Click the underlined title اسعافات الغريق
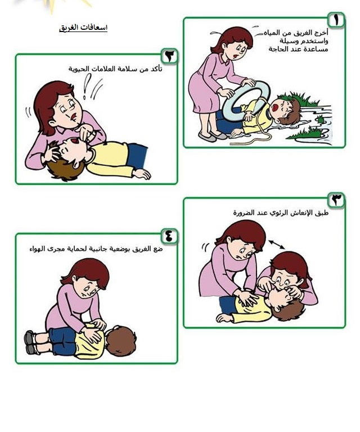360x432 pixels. coord(83,28)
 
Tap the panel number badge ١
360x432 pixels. coord(336,20)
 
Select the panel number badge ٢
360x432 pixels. coord(169,56)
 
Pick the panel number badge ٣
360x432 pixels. coord(336,200)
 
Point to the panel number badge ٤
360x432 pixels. coord(169,236)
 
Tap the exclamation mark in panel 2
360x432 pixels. coord(86,86)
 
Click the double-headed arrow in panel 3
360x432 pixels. coord(277,244)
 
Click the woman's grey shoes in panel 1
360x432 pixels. coord(212,136)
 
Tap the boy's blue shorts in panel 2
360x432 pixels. coord(137,155)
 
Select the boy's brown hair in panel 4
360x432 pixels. coord(121,341)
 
